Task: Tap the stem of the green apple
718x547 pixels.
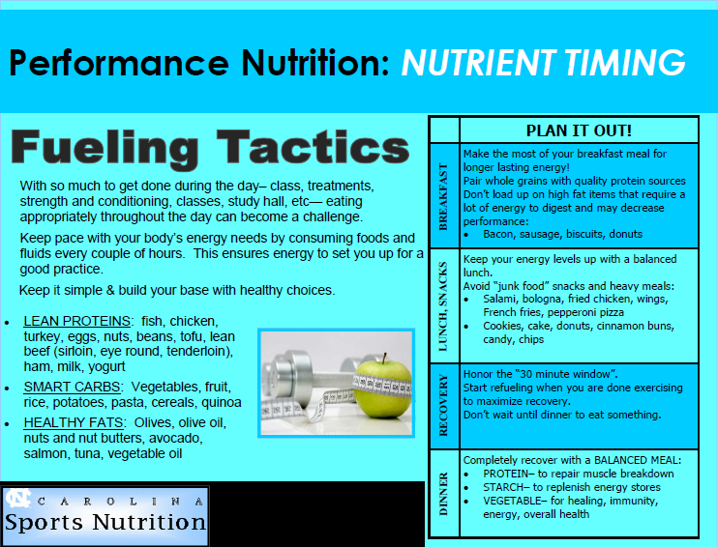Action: (385, 359)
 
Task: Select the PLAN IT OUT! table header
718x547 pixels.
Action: (579, 130)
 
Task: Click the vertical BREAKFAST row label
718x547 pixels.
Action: (443, 196)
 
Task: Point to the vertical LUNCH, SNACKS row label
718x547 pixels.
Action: (443, 306)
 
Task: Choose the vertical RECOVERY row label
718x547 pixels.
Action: (443, 405)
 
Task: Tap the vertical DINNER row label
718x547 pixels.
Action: (443, 495)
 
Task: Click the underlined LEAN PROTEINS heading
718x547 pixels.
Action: (77, 321)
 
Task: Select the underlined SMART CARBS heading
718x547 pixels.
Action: (72, 387)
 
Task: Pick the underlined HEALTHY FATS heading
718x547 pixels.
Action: (74, 422)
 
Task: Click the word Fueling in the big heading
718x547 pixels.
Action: (105, 148)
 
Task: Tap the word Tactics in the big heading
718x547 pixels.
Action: (313, 146)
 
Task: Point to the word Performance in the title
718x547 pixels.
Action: (119, 63)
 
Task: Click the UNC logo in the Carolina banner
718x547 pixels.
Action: (18, 499)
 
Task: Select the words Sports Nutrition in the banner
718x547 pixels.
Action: (105, 522)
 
